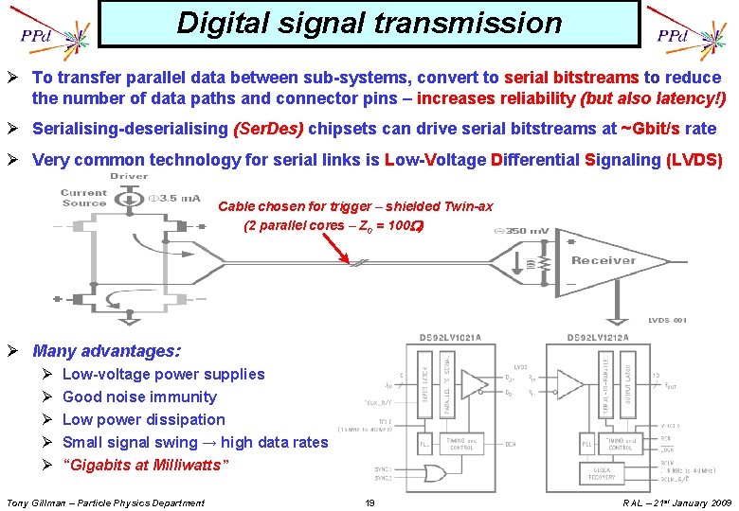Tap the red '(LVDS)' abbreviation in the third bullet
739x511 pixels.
(694, 160)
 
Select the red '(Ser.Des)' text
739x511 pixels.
(267, 129)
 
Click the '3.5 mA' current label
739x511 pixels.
(177, 199)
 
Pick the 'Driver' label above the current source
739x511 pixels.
(130, 176)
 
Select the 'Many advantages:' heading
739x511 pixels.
(106, 351)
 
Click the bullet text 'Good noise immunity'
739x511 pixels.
(139, 397)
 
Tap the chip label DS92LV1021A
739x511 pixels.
(451, 338)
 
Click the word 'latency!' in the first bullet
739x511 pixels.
(683, 98)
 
